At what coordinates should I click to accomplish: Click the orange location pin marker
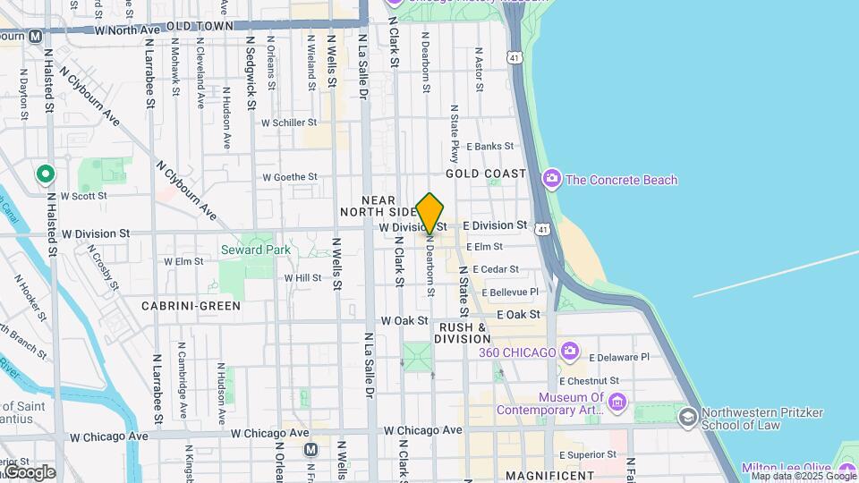point(430,214)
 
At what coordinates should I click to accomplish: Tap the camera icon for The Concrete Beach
point(551,180)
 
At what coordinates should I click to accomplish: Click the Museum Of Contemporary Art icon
point(617,403)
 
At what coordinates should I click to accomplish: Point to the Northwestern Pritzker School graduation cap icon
point(687,418)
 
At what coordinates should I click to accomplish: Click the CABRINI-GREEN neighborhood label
point(191,306)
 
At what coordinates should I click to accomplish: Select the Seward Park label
point(256,250)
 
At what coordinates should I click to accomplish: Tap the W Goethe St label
point(289,177)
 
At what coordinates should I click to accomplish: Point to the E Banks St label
point(489,146)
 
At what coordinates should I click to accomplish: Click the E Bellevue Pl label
point(511,292)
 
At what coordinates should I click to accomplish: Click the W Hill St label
point(302,278)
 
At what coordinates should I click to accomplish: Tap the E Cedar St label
point(496,269)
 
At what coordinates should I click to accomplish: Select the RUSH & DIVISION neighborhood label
point(463,333)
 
